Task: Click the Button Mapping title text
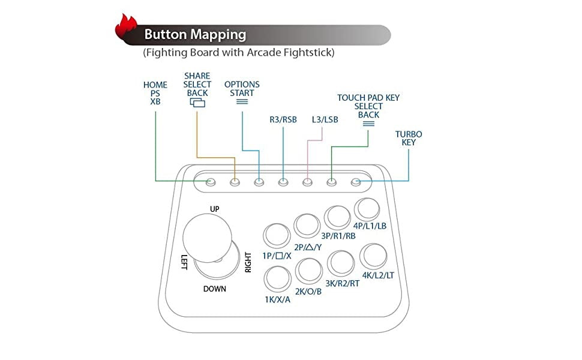tap(195, 35)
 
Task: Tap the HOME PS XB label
tap(155, 94)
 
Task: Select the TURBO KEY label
tap(409, 138)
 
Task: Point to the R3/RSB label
tap(283, 119)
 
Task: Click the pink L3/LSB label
tap(325, 119)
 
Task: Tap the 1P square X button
tap(277, 236)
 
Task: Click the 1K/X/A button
tap(277, 278)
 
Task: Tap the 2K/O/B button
tap(310, 271)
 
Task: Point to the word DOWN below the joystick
tap(214, 289)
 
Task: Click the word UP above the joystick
tap(214, 209)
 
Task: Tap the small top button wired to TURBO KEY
tap(356, 181)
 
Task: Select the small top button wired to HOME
tap(211, 181)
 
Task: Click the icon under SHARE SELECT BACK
tap(197, 103)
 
